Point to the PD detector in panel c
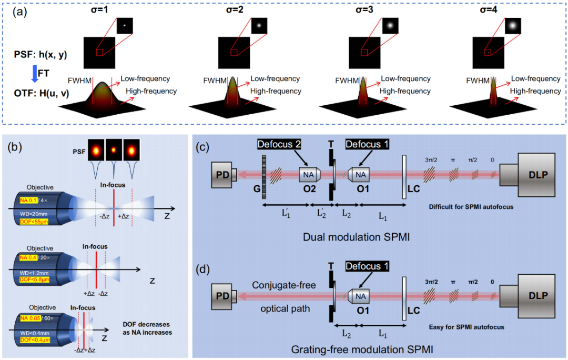click(222, 174)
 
